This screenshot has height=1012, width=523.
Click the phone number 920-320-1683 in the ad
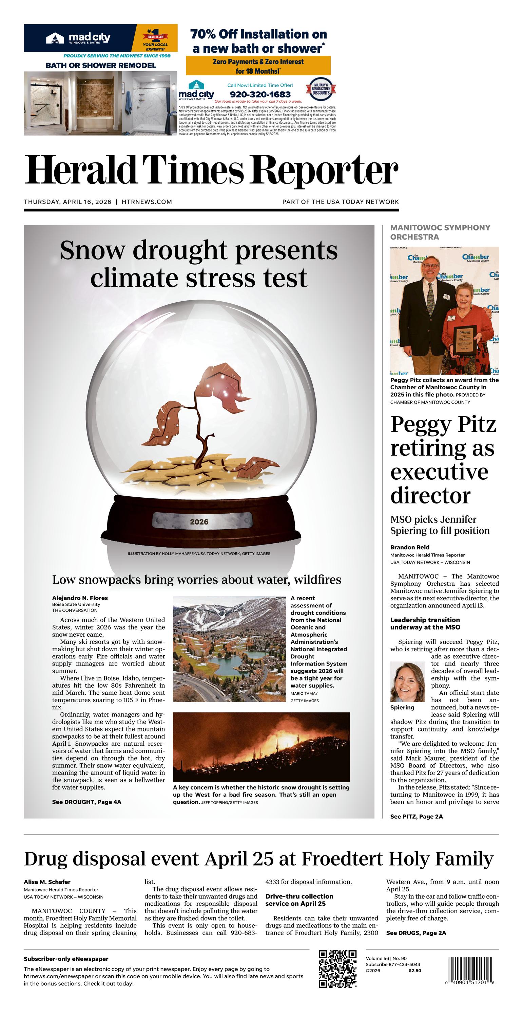click(260, 94)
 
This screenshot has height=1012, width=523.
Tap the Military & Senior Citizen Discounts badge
click(321, 90)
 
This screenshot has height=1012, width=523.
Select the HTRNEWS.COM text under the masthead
click(147, 202)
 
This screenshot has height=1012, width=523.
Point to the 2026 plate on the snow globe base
click(199, 522)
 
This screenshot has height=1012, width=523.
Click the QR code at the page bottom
click(338, 969)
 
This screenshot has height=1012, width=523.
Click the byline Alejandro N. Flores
click(80, 598)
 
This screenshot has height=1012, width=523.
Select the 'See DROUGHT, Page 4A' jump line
click(87, 802)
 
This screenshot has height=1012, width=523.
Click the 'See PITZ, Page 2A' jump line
click(416, 816)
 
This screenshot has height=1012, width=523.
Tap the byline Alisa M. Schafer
click(47, 882)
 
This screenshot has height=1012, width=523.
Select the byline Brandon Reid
click(410, 547)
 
